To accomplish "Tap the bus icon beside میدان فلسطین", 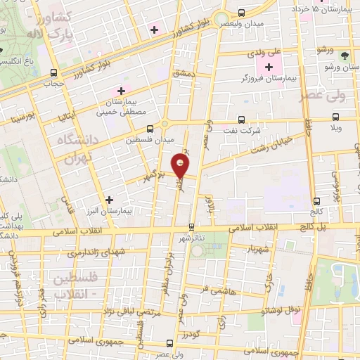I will point(150,129).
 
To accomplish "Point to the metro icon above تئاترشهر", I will point(191,226).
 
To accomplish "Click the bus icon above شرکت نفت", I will point(243,119).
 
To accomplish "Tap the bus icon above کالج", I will point(318,200).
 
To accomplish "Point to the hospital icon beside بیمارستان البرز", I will point(109,199).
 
